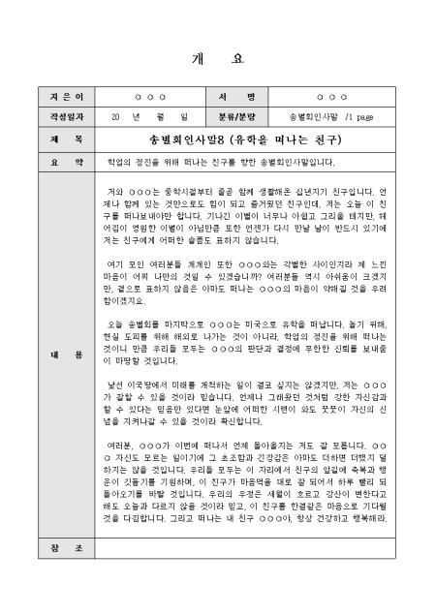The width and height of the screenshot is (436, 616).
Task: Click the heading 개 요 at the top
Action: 218,58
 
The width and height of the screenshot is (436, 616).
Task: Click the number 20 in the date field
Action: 115,116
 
